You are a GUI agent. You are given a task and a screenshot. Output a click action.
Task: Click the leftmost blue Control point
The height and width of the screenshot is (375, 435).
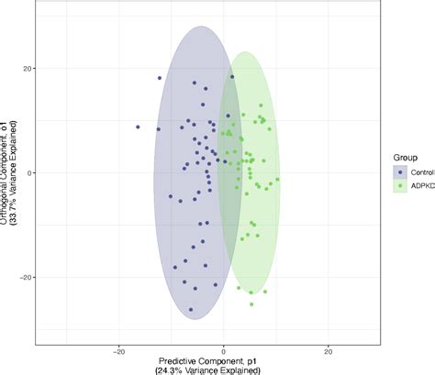(139, 127)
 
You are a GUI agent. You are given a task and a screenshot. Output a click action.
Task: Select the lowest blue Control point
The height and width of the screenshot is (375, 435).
(192, 310)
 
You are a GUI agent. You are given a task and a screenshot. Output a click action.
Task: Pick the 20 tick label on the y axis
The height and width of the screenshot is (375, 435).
(28, 69)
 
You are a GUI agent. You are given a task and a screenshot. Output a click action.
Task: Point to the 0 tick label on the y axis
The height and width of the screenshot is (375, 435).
(30, 172)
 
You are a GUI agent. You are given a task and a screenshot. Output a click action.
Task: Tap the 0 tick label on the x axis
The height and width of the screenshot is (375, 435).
(223, 350)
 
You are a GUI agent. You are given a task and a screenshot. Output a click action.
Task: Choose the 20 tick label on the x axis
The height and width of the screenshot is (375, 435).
(328, 350)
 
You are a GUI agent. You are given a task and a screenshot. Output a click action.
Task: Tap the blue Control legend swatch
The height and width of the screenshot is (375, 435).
(399, 171)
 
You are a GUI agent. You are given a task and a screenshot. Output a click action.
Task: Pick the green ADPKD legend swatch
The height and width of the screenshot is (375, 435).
(399, 186)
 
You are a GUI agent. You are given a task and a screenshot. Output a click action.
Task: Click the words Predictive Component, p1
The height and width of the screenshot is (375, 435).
(223, 361)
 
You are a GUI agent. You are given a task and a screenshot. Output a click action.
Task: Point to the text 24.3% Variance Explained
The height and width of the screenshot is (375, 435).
(223, 371)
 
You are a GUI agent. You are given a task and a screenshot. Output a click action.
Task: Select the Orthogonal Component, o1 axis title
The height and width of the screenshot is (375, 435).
(5, 172)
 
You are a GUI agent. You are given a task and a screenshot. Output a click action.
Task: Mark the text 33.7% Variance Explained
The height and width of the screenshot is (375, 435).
(16, 172)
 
